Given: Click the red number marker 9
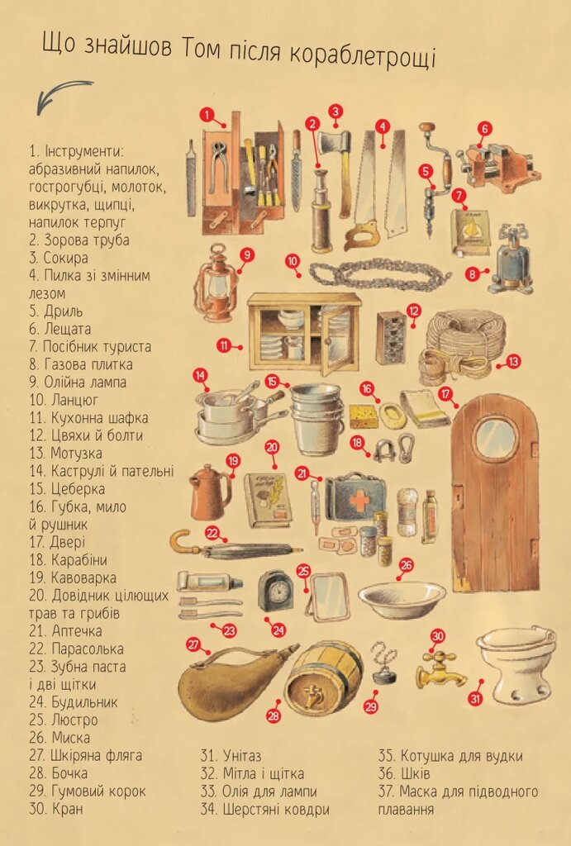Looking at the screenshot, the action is (246, 254).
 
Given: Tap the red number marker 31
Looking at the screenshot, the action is (475, 700).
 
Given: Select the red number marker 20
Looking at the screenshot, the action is (272, 447).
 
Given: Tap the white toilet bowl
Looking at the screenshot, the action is (516, 666).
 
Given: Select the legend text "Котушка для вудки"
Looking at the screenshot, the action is (450, 756).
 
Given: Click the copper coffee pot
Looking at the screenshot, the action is (210, 492).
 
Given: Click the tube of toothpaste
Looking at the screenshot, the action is (210, 582).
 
